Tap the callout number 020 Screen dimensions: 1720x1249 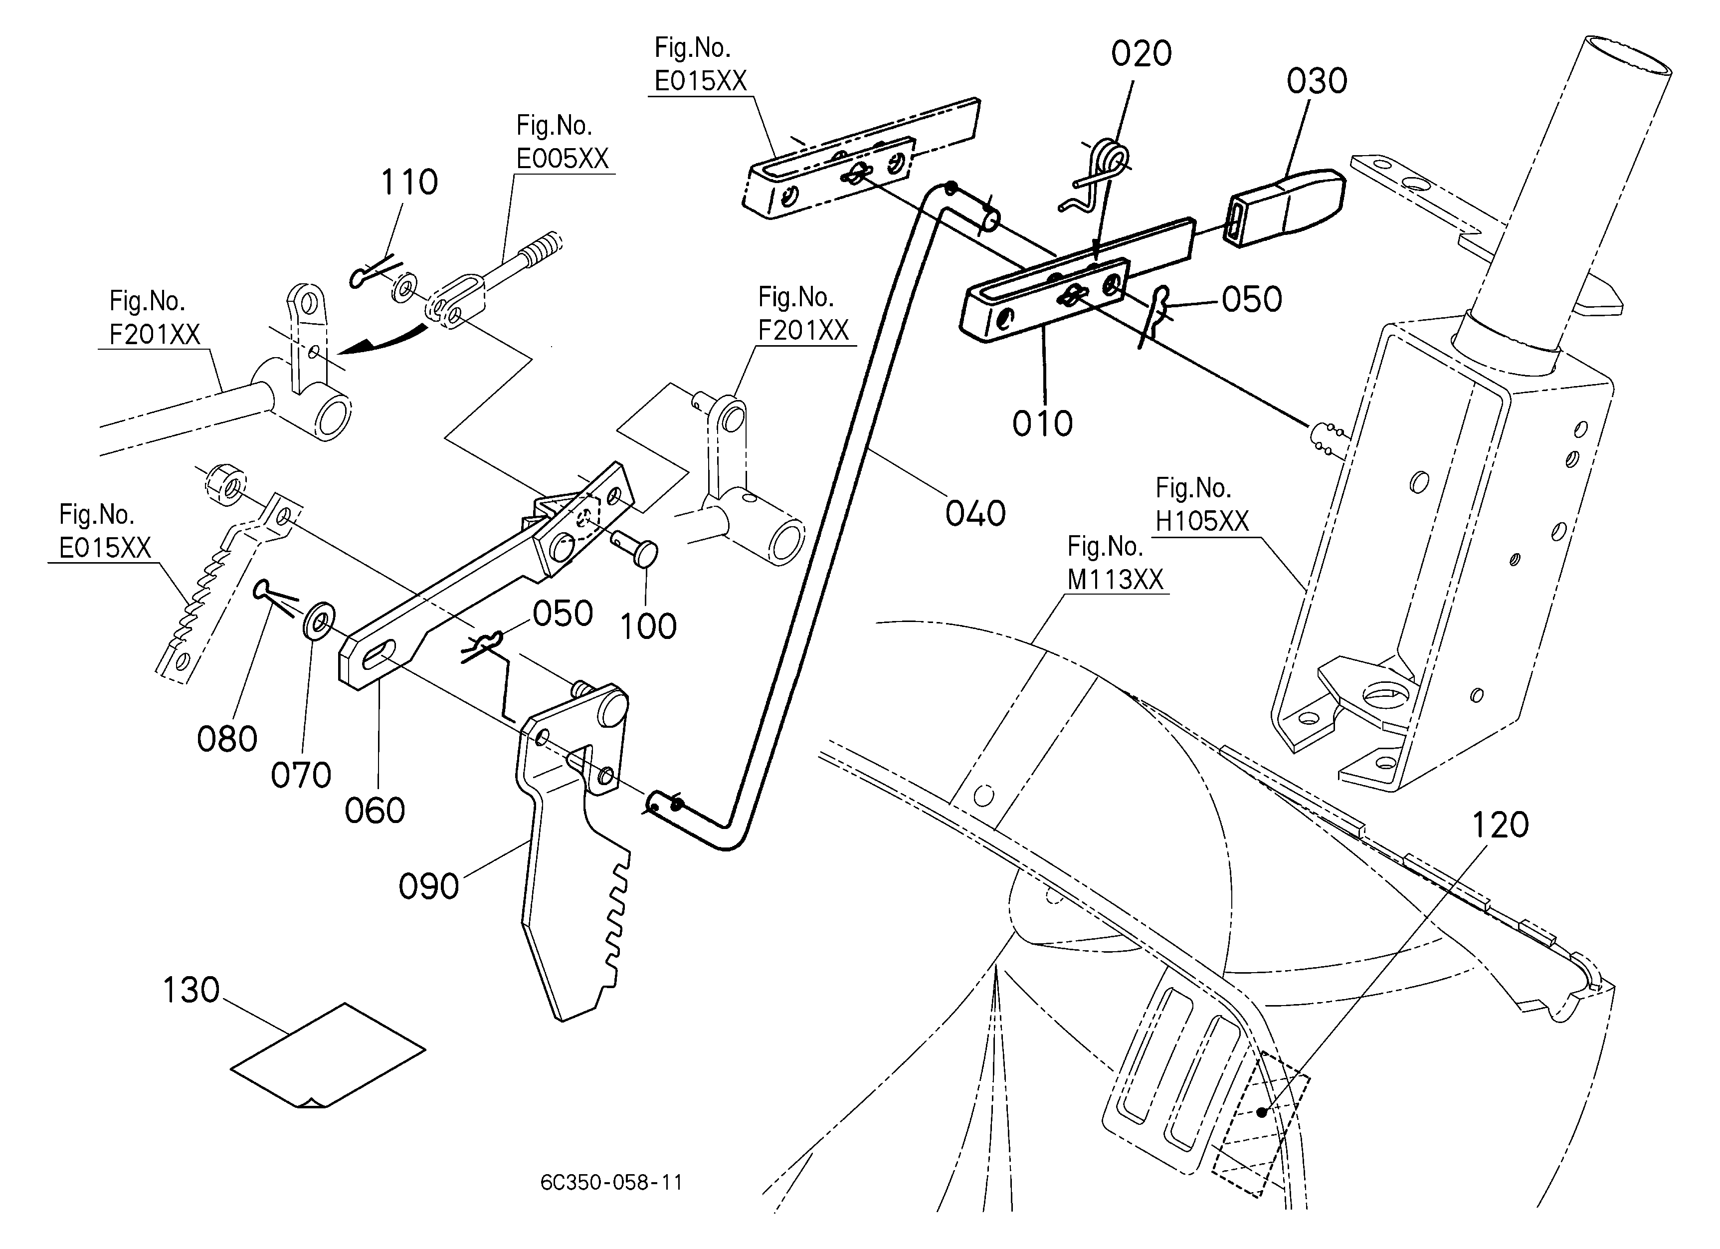[1142, 54]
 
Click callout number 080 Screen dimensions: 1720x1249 [227, 739]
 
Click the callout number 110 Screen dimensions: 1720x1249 [409, 183]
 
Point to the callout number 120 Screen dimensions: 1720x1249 [1500, 825]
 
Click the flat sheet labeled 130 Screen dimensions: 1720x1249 [328, 1055]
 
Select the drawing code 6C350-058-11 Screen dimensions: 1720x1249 [611, 1182]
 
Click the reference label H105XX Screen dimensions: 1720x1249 [1202, 521]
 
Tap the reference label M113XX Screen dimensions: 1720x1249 [1115, 580]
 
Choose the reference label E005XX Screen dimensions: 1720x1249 [563, 159]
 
